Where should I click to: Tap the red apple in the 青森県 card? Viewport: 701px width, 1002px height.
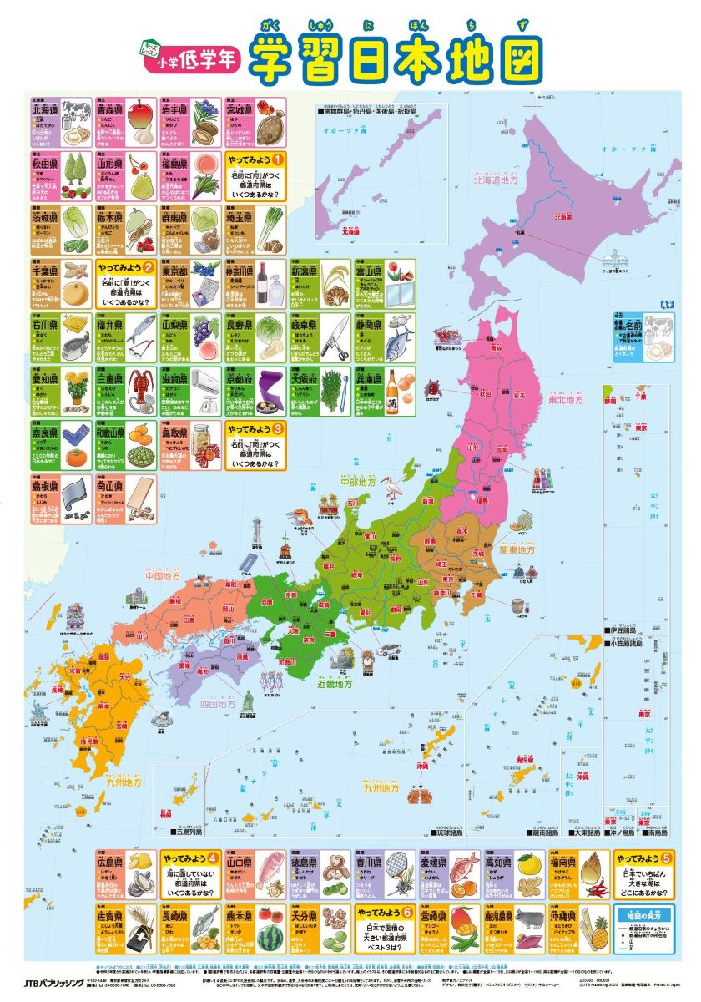[x=143, y=110]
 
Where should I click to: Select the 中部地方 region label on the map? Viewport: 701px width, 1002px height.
[x=360, y=482]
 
